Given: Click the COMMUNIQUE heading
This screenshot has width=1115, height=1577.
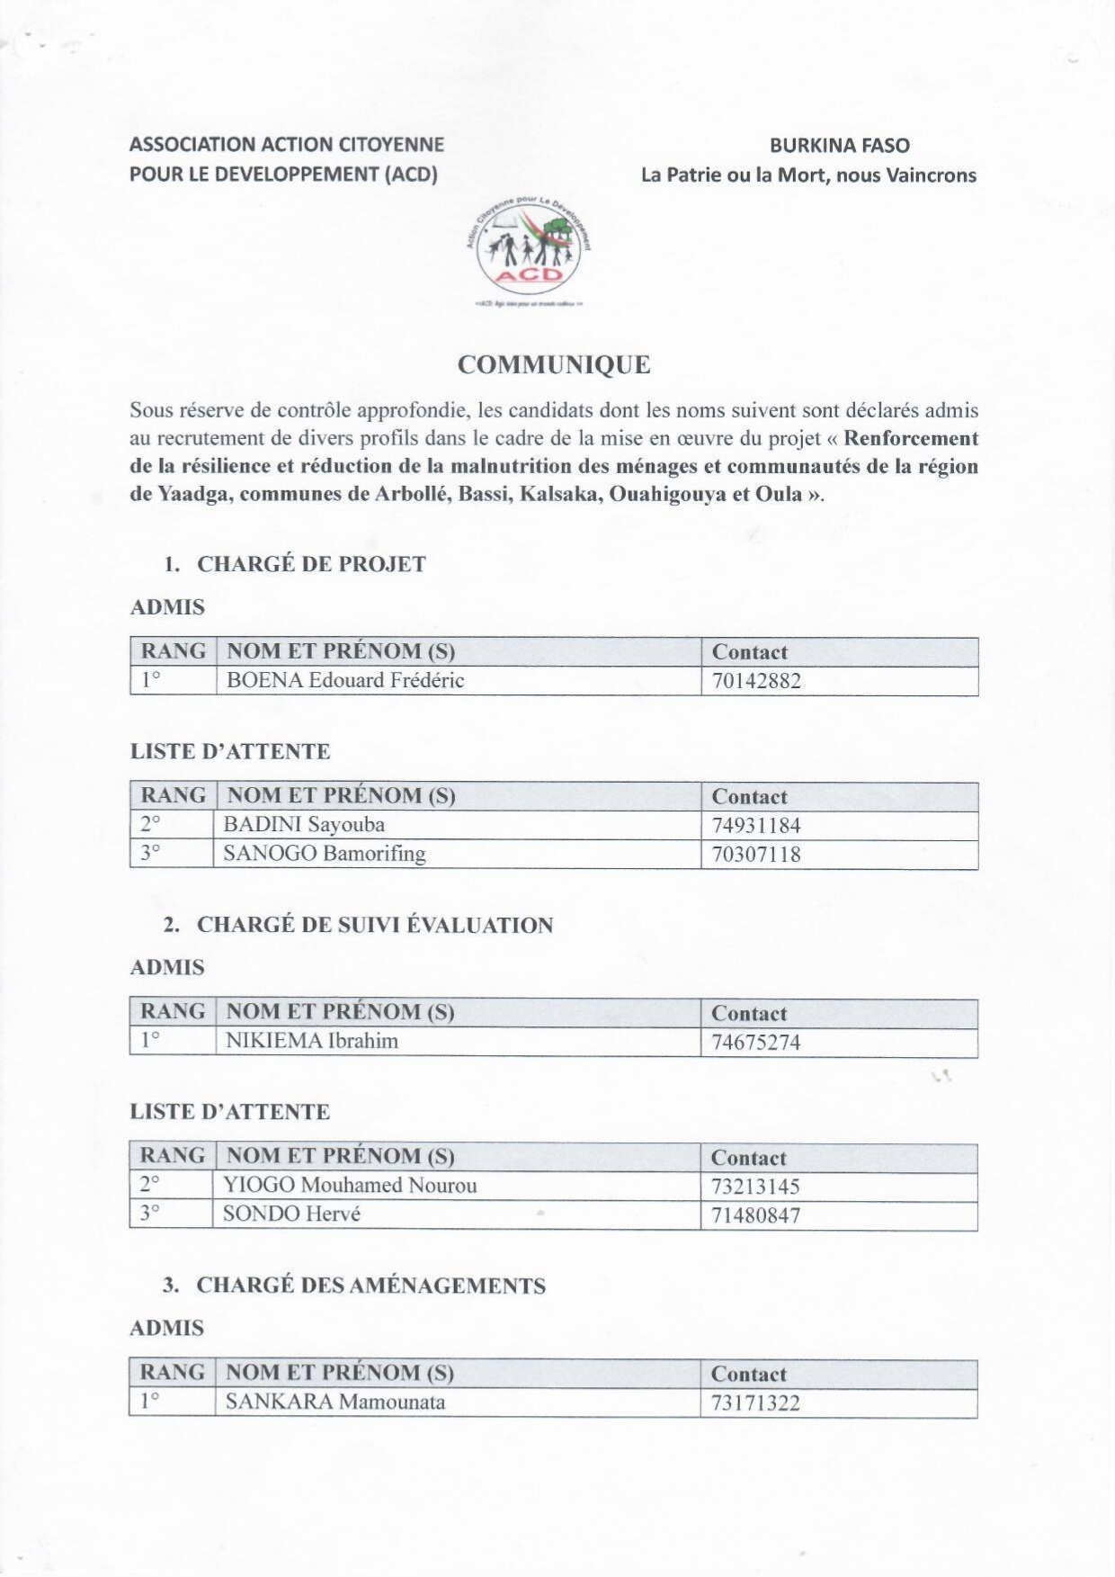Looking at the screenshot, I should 554,364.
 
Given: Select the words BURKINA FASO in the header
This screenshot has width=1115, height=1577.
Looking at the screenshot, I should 839,146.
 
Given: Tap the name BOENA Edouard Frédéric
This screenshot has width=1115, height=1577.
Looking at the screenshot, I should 345,680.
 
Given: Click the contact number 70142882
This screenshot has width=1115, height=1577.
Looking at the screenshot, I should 756,681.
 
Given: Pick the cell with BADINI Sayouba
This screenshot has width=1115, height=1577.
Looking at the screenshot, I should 304,825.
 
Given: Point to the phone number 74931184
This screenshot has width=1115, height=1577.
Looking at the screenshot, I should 756,826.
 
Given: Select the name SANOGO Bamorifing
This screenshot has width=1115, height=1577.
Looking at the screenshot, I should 325,854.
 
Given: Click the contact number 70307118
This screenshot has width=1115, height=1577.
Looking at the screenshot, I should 756,855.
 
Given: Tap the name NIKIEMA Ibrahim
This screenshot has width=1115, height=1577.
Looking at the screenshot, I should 311,1041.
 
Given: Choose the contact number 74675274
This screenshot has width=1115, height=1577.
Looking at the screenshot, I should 755,1043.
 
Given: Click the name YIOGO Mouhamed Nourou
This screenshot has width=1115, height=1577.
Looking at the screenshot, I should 350,1185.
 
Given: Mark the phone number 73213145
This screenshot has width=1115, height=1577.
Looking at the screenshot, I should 755,1187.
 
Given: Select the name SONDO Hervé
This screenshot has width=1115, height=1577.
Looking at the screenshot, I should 291,1214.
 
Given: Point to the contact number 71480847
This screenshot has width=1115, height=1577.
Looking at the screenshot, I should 755,1215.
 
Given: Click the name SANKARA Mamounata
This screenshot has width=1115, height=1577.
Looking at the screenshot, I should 334,1402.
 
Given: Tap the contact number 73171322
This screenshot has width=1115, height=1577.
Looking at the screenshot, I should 755,1403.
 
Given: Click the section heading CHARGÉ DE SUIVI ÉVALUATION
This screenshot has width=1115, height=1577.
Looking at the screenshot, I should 374,925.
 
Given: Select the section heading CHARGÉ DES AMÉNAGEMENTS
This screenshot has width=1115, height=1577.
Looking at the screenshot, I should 370,1286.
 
